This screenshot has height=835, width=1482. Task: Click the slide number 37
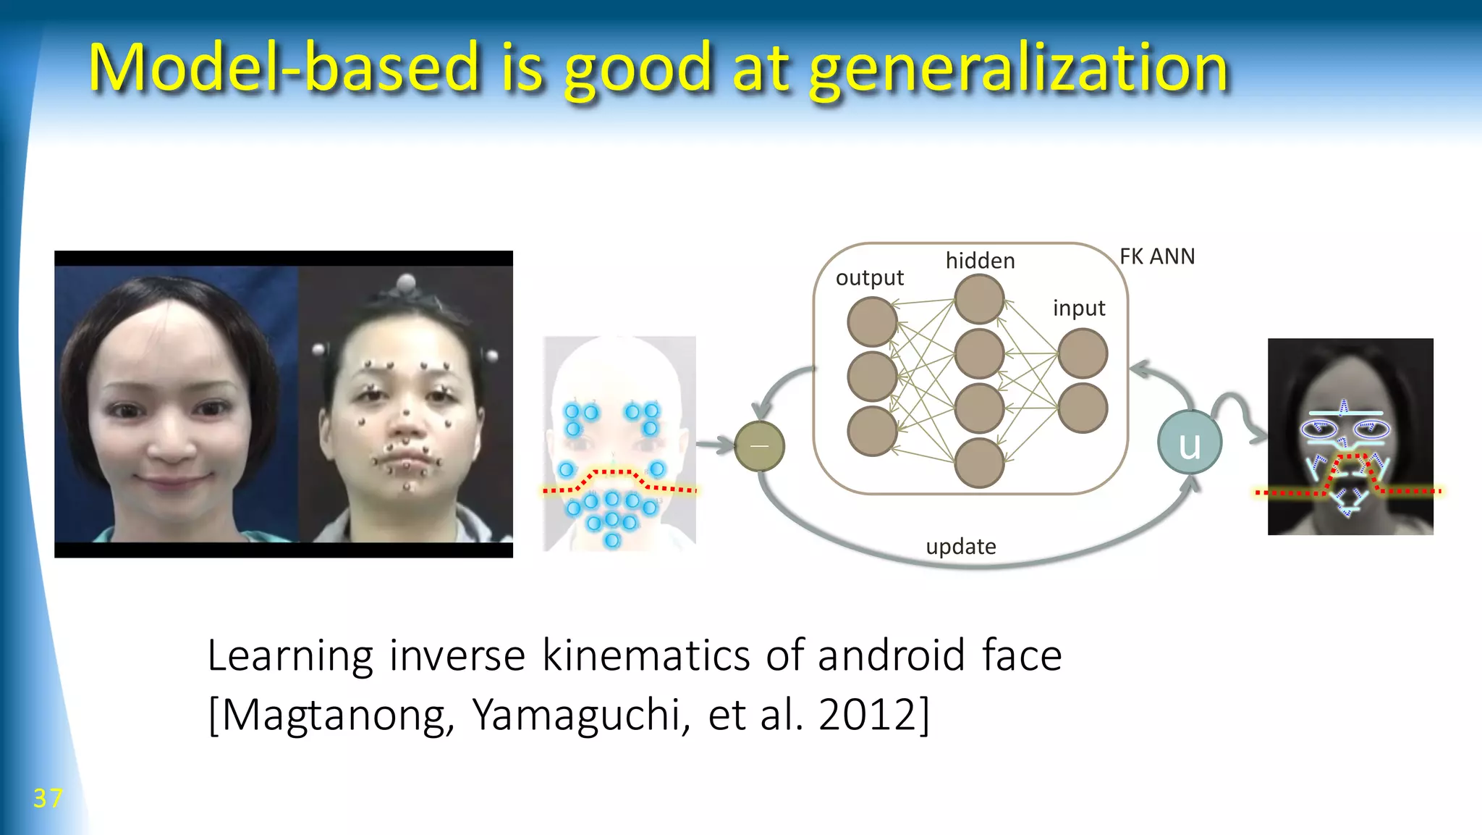coord(48,798)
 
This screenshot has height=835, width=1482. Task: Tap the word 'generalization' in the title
coord(1018,69)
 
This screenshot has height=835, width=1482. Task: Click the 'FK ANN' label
coord(1156,256)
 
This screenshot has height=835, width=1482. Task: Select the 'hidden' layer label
coord(980,261)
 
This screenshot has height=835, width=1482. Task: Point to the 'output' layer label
coord(869,278)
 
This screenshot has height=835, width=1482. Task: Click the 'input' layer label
coord(1079,309)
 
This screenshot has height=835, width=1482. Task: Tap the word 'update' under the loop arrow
coord(960,546)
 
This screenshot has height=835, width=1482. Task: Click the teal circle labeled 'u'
coord(1189,443)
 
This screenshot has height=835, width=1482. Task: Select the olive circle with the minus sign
coord(759,446)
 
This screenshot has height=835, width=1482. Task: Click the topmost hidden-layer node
coord(979,299)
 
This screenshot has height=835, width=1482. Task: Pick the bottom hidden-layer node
coord(979,463)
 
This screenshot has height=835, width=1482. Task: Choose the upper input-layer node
coord(1083,353)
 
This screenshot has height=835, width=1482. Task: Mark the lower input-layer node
coord(1083,408)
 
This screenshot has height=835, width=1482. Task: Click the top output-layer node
coord(873,322)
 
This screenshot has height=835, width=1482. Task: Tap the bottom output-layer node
coord(873,432)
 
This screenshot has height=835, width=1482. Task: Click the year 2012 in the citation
coord(868,715)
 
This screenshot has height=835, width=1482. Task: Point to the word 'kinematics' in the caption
coord(647,655)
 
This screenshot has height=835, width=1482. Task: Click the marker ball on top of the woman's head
coord(407,281)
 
